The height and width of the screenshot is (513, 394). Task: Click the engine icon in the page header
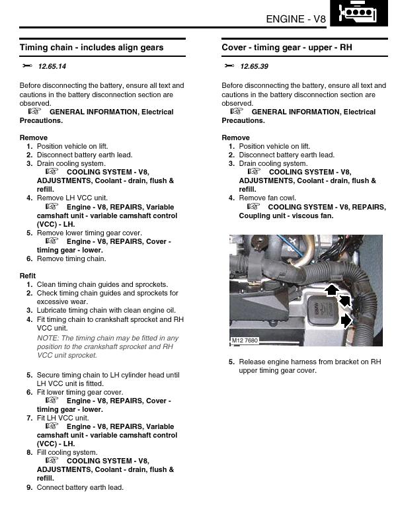click(358, 13)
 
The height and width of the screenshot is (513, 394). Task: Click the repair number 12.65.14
click(52, 66)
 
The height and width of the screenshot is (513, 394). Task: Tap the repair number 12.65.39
click(254, 66)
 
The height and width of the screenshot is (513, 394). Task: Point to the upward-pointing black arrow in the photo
click(332, 290)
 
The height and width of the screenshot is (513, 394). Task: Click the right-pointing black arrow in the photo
click(346, 321)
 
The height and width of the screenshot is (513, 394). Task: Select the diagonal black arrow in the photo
click(344, 301)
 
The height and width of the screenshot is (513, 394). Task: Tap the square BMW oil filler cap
click(320, 311)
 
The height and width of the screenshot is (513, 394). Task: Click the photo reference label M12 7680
click(245, 340)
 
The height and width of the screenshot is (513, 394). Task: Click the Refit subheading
click(28, 276)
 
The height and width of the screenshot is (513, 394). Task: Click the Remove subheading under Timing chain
click(33, 138)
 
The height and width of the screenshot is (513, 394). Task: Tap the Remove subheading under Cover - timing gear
click(235, 138)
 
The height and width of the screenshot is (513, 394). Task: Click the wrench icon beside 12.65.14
click(27, 65)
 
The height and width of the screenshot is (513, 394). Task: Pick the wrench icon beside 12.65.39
click(229, 65)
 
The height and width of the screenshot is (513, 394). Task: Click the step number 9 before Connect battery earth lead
click(30, 487)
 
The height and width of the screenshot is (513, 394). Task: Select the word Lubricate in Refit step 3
click(51, 310)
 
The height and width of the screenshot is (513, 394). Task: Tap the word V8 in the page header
click(319, 19)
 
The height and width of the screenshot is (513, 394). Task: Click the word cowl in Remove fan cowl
click(289, 198)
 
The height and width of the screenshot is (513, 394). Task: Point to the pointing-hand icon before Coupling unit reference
click(253, 206)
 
